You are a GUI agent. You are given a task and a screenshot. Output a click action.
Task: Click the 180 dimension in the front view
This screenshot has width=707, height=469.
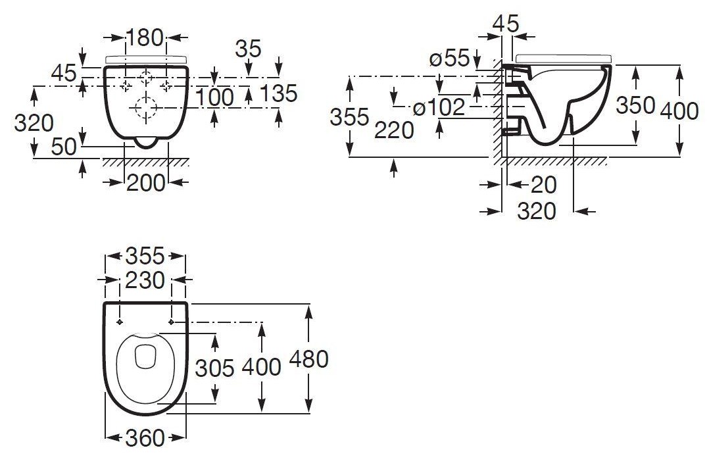tap(144, 37)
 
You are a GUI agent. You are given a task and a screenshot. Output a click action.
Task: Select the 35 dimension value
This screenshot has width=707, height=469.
tap(248, 49)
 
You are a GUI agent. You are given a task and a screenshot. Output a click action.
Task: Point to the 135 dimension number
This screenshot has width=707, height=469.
tap(279, 94)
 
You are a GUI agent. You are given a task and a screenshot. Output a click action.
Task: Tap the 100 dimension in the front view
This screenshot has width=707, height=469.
tap(215, 97)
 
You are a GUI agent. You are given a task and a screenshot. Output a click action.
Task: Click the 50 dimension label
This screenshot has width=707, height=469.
tap(64, 147)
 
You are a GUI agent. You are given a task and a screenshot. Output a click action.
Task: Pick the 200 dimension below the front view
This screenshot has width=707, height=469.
tap(145, 183)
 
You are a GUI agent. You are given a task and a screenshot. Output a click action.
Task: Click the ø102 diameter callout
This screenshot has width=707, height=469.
tap(439, 107)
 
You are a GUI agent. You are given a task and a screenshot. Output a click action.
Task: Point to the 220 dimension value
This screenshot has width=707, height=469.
tap(394, 130)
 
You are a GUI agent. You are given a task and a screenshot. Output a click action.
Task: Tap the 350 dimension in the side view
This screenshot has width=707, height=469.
tap(635, 105)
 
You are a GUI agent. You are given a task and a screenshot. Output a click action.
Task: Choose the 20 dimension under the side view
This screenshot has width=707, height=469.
tap(544, 185)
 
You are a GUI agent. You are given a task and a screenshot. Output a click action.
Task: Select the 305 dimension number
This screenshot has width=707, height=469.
tap(214, 368)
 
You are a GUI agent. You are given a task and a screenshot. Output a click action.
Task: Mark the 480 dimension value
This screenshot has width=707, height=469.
tap(309, 359)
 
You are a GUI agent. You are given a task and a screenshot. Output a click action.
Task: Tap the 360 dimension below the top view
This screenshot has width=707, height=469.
tap(145, 438)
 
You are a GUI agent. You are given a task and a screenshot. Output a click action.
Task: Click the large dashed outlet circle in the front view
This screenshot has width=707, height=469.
tap(145, 108)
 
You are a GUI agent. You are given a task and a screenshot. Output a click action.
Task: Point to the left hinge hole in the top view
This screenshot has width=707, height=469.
tap(120, 322)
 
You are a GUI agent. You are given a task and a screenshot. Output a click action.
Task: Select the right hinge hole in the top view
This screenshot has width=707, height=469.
tap(172, 322)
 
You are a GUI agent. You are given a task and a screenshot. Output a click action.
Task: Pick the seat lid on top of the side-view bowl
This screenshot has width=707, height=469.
tap(564, 58)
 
